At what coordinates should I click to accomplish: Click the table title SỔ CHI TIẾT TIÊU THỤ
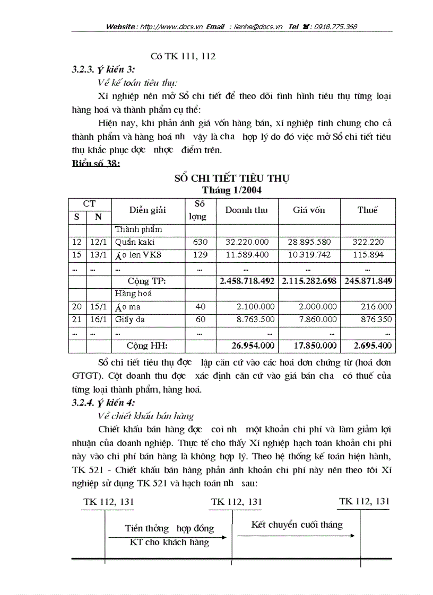(232, 178)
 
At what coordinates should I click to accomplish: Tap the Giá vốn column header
(309, 210)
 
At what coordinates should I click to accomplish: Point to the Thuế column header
(367, 210)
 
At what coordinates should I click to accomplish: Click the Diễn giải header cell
(148, 210)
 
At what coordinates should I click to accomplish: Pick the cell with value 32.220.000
(247, 242)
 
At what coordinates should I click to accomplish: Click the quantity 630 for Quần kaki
(201, 242)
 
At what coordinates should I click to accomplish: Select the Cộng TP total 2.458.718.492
(247, 281)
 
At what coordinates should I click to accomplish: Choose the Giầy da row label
(130, 319)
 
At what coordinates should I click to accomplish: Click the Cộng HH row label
(147, 345)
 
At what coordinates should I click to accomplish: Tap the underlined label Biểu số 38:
(96, 163)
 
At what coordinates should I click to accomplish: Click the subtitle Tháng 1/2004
(231, 189)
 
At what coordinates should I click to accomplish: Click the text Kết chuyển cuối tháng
(297, 525)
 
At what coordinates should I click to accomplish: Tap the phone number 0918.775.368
(335, 26)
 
